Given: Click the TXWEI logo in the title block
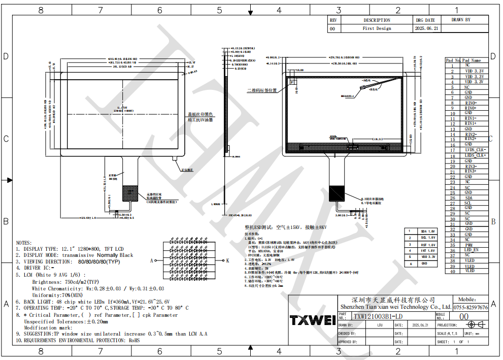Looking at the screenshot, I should point(312,320).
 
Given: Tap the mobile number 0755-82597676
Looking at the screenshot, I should point(471,307).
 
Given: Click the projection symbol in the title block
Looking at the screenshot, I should point(475,324).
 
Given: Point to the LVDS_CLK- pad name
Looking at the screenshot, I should point(475,150).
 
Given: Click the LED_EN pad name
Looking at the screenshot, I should point(471,250).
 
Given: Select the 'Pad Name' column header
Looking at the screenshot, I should point(472,60).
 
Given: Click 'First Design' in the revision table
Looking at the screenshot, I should point(377,29).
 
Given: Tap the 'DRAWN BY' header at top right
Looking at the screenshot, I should point(461,20).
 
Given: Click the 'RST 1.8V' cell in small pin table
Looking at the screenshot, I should point(428,244).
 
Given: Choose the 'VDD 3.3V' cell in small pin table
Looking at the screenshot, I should point(428,257).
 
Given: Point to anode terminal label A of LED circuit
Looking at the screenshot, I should point(151,260).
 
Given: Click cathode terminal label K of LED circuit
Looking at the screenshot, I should point(227,260).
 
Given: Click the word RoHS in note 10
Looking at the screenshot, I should point(134,340).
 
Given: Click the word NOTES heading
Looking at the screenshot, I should point(24,243).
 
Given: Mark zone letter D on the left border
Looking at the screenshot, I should point(6,56).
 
